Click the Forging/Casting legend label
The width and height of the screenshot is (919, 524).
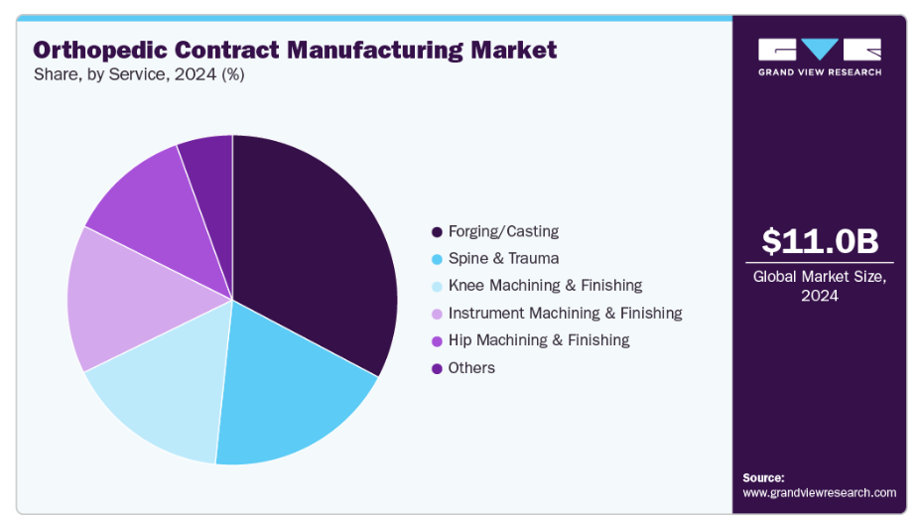tap(503, 231)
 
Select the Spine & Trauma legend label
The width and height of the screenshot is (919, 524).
tap(503, 258)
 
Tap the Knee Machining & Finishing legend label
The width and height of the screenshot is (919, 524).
tap(545, 286)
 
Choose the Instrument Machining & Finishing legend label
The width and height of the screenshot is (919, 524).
tap(565, 313)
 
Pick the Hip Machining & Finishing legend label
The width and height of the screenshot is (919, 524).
tap(539, 340)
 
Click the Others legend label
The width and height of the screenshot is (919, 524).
tap(471, 368)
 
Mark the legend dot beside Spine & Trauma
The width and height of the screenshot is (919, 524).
tap(437, 259)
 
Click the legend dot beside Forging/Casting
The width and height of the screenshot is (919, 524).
tap(437, 232)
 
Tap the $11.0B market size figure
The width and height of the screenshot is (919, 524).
tap(820, 241)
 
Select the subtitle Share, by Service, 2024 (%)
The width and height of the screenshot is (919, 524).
tap(139, 74)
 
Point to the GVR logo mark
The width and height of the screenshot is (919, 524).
tap(819, 50)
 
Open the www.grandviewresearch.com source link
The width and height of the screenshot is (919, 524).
tap(819, 492)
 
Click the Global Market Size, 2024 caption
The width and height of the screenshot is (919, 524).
tap(820, 286)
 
